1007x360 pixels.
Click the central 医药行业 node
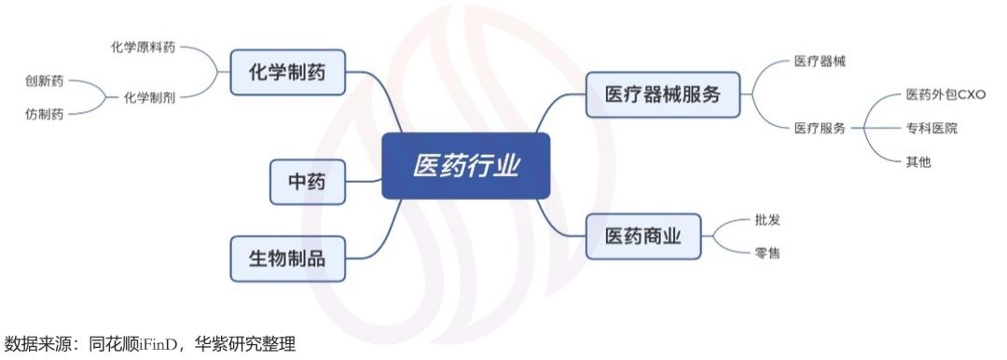click(465, 165)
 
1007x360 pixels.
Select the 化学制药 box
click(287, 72)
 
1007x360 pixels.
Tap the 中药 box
click(307, 182)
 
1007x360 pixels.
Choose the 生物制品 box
click(287, 258)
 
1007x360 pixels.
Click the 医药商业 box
click(641, 236)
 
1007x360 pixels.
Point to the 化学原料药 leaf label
click(144, 47)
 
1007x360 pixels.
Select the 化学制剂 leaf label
click(150, 98)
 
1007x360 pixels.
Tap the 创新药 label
click(45, 81)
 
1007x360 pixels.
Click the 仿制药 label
click(45, 114)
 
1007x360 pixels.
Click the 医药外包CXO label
click(945, 95)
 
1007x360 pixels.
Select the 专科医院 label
click(931, 129)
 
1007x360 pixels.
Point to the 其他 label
click(918, 161)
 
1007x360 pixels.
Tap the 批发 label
click(766, 220)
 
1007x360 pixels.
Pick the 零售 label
click(766, 252)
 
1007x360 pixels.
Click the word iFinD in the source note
click(154, 346)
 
